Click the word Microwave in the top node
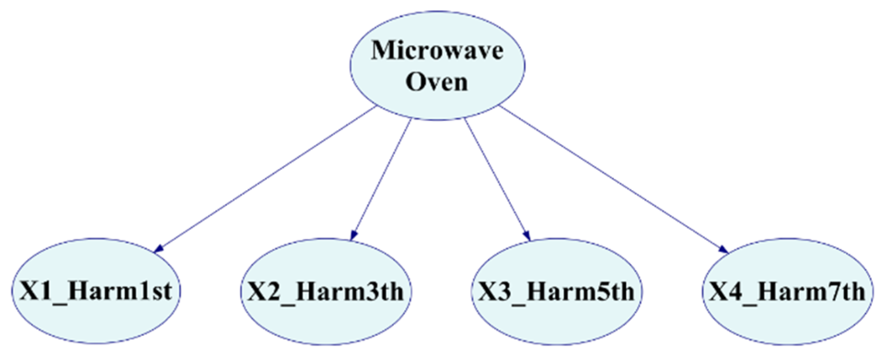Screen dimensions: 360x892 (437, 50)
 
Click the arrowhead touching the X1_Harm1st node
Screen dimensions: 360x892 (158, 249)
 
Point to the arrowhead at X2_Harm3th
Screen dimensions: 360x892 (353, 235)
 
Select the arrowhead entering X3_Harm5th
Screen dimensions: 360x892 (527, 235)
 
